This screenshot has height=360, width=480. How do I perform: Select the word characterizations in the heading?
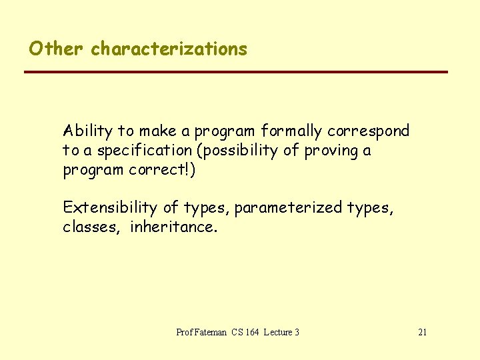pos(169,49)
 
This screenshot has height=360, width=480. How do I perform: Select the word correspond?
pos(368,131)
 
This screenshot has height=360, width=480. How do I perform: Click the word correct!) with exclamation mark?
pos(162,169)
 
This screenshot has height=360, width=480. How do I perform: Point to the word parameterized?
pos(288,208)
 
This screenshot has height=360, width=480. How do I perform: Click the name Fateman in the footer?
pos(211,332)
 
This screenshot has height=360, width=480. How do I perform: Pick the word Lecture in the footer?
pos(277,332)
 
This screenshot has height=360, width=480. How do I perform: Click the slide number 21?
pos(422,332)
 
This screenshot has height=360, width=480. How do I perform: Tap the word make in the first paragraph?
pos(155,131)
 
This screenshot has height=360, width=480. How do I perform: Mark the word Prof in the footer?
pos(184,332)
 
